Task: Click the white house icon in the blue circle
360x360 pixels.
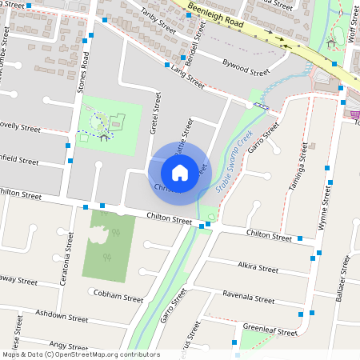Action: point(180,172)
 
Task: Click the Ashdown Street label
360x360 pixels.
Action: point(63,318)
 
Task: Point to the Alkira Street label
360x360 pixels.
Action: point(258,266)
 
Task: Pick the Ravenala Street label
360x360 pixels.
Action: point(249,297)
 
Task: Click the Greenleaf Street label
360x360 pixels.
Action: point(270,329)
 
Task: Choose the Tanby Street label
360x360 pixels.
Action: point(157,20)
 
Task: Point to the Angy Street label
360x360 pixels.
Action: point(68,346)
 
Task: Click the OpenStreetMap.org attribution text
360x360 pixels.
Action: point(117,354)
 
